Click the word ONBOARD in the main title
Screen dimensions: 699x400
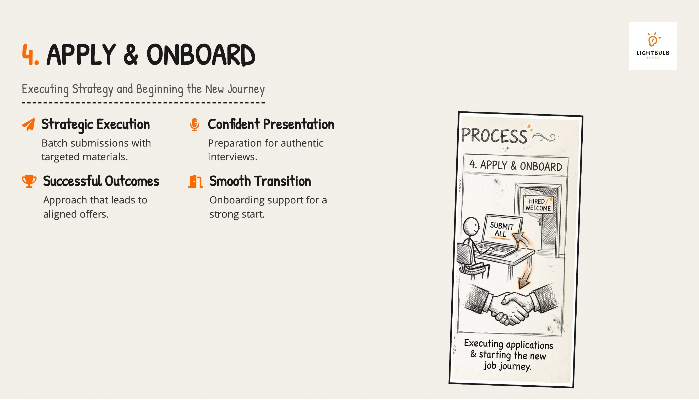coord(201,55)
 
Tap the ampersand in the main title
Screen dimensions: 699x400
coord(131,55)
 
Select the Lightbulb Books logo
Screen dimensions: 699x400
coord(653,46)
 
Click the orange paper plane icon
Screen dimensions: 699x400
coord(28,125)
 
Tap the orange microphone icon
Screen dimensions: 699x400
coord(194,125)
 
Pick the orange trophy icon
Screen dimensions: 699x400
coord(29,181)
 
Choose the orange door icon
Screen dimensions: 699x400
coord(195,181)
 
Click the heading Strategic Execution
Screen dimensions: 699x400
coord(96,125)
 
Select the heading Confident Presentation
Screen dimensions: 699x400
coord(271,124)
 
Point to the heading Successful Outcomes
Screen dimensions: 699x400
coord(101,181)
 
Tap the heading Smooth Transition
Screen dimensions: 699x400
coord(260,181)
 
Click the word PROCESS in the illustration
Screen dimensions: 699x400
coord(494,136)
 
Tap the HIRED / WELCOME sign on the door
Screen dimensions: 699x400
coord(538,205)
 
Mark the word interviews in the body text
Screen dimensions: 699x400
coord(233,157)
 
